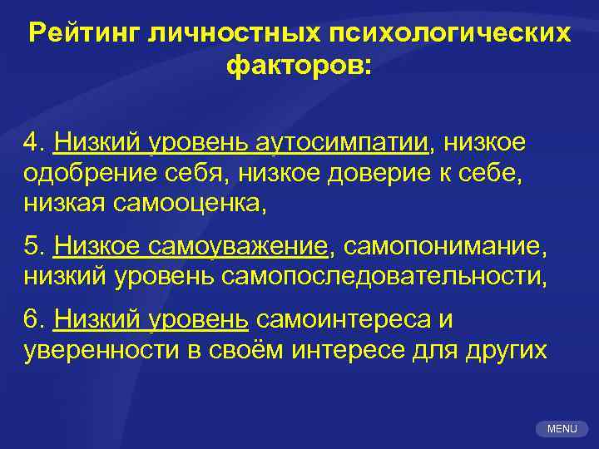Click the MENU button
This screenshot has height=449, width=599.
coord(562,428)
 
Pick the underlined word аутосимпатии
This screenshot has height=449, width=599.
coord(354,143)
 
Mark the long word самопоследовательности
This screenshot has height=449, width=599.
coord(384,275)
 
